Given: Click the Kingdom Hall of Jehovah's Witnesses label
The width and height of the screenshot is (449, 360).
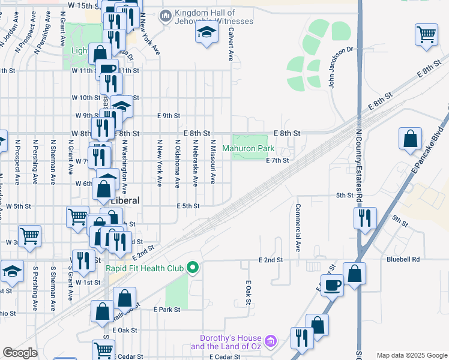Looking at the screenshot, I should coord(214,17).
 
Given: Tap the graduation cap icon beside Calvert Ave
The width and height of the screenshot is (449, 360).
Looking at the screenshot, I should coord(206,34).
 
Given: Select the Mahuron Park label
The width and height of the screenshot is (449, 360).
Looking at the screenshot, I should coord(248,148).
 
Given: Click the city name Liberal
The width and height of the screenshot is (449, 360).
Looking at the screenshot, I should coord(126,201).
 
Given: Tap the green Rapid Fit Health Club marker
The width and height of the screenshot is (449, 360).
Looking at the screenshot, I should coord(193,267).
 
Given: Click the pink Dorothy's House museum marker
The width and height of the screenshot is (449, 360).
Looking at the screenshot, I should coord(271,341).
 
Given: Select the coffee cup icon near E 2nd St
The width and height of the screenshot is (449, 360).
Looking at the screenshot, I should coord(331,286).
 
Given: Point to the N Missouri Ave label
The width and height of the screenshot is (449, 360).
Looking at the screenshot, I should coord(212,163).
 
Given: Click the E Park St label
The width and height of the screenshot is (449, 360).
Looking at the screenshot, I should coord(166,310).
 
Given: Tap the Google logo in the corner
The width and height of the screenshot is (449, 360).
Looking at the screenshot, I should coord(20,353).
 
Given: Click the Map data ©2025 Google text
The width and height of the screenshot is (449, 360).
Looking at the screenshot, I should coord(411,355).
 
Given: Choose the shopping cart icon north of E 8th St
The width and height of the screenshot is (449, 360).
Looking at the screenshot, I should coord(426,35).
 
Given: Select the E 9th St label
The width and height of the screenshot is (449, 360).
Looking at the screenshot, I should coord(169,116).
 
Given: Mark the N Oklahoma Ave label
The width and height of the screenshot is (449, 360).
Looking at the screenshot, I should coord(177,164).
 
